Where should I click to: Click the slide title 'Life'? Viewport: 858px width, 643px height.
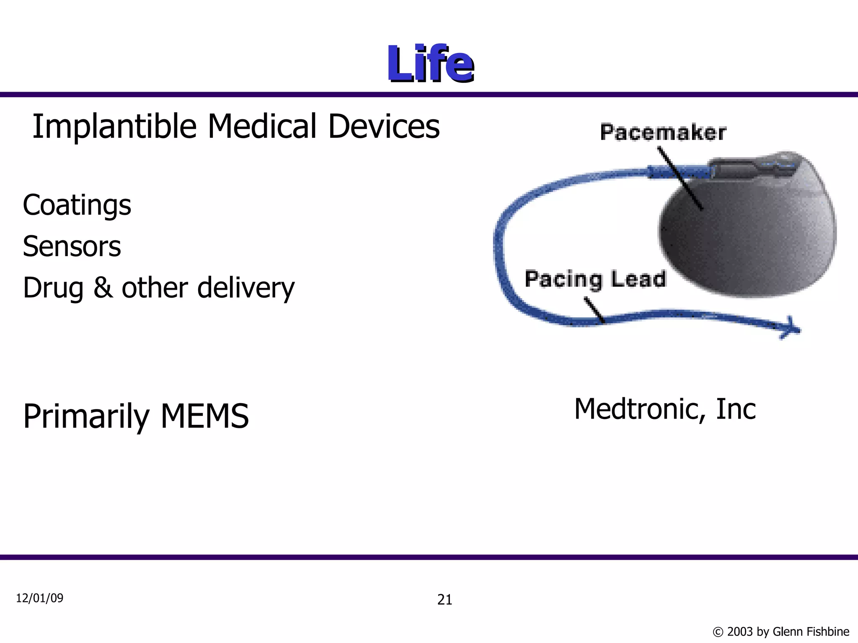(x=430, y=64)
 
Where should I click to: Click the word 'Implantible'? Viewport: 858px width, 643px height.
(x=114, y=126)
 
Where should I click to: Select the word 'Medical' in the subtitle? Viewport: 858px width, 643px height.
(x=262, y=126)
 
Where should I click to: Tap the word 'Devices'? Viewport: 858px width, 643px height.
(x=384, y=126)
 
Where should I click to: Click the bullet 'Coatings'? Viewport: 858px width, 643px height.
(x=77, y=205)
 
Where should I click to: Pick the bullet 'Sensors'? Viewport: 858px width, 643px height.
(x=72, y=246)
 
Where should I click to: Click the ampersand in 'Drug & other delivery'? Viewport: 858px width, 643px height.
(x=103, y=288)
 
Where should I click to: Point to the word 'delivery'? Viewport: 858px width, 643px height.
(x=246, y=288)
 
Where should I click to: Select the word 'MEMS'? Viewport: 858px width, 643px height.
(x=205, y=416)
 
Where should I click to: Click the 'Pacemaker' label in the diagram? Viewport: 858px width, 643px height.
(x=663, y=132)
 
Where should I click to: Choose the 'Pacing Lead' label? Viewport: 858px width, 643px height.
(x=595, y=279)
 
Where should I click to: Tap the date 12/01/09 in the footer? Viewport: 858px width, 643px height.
(x=40, y=598)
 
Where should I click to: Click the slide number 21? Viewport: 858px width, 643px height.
(x=445, y=600)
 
